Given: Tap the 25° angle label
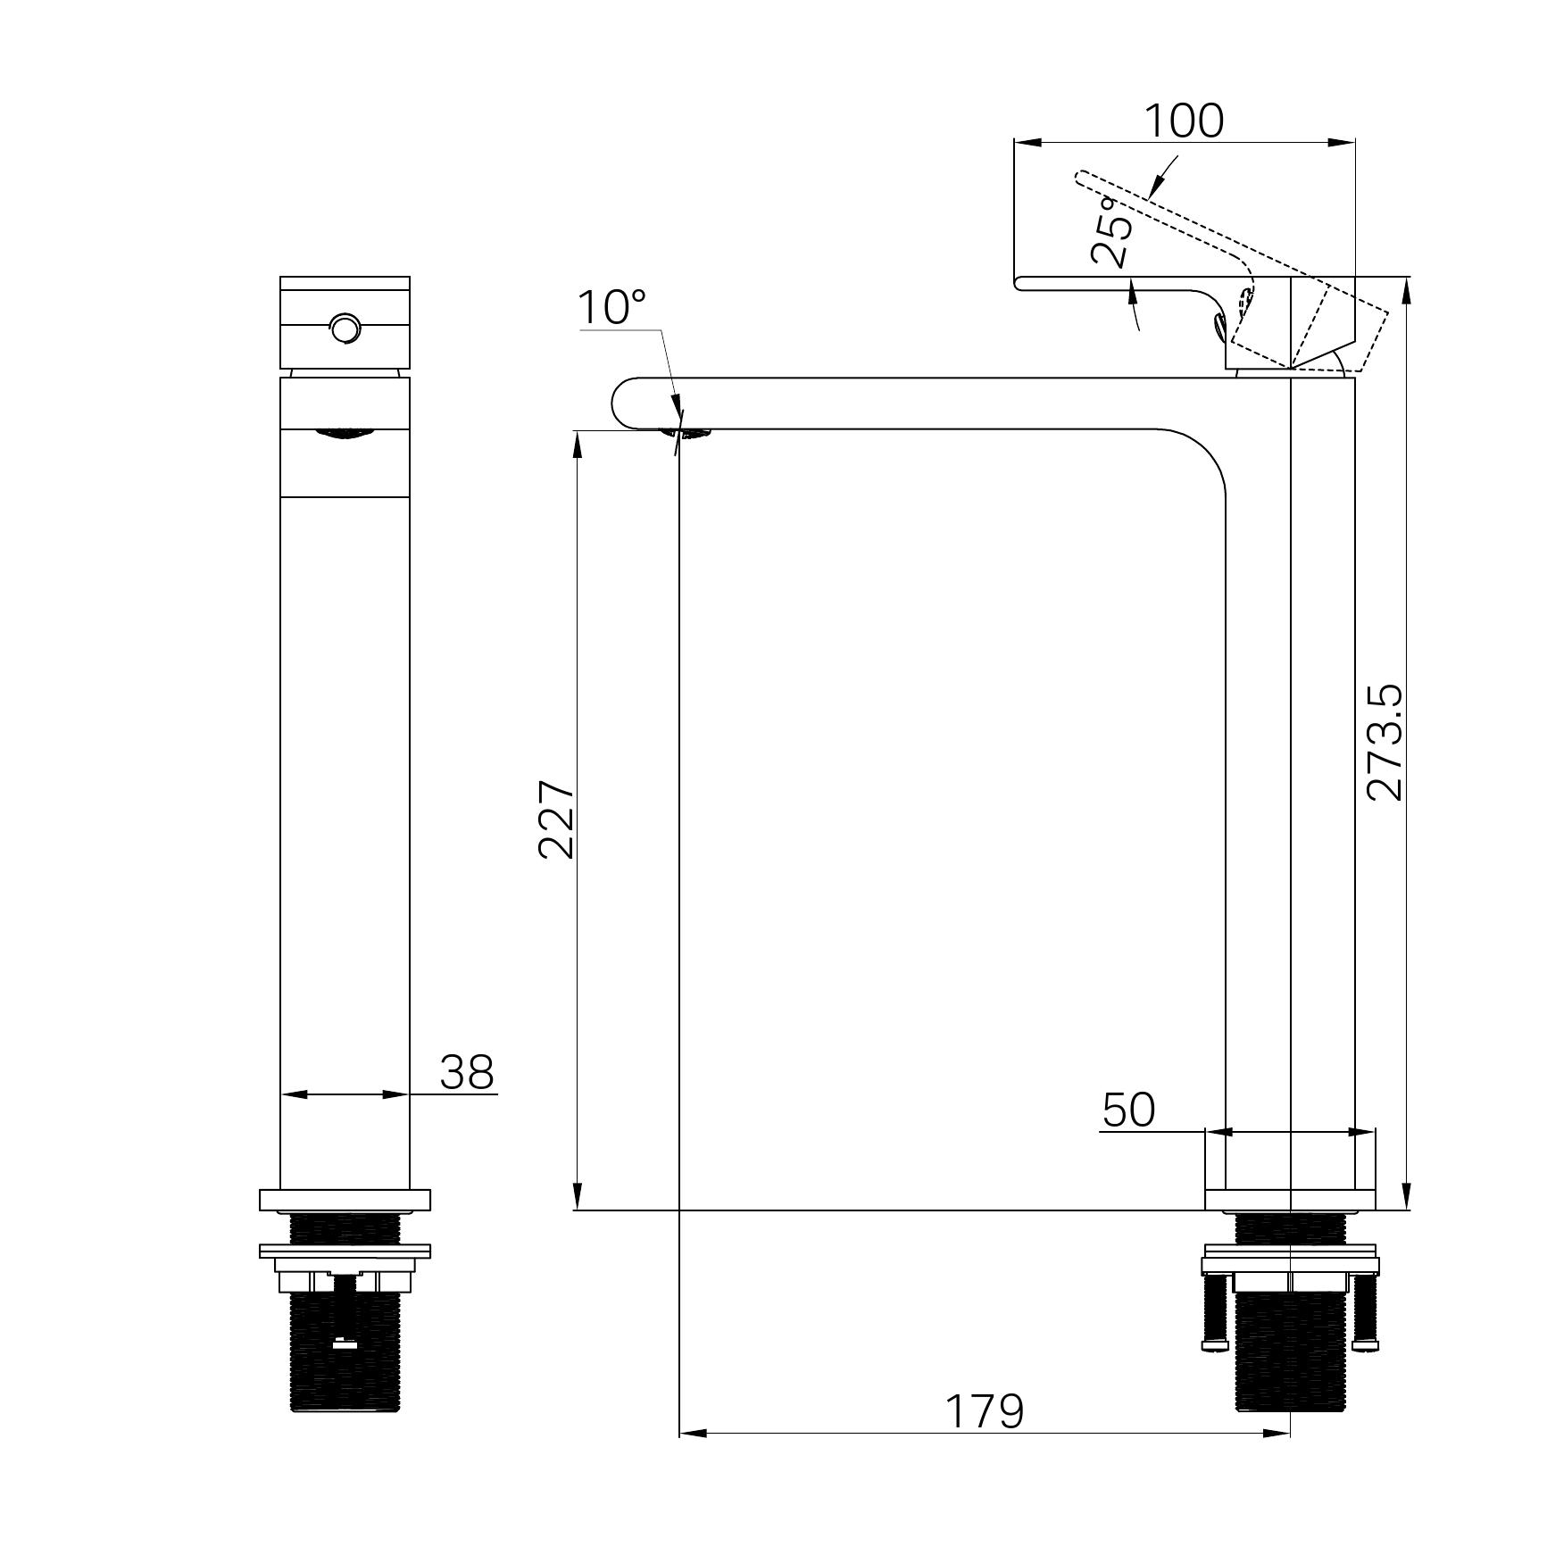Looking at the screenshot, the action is [1115, 232].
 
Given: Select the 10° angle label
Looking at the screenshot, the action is [611, 308].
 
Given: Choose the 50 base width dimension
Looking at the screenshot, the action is [1128, 1110].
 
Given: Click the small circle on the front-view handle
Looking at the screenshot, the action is [345, 329].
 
